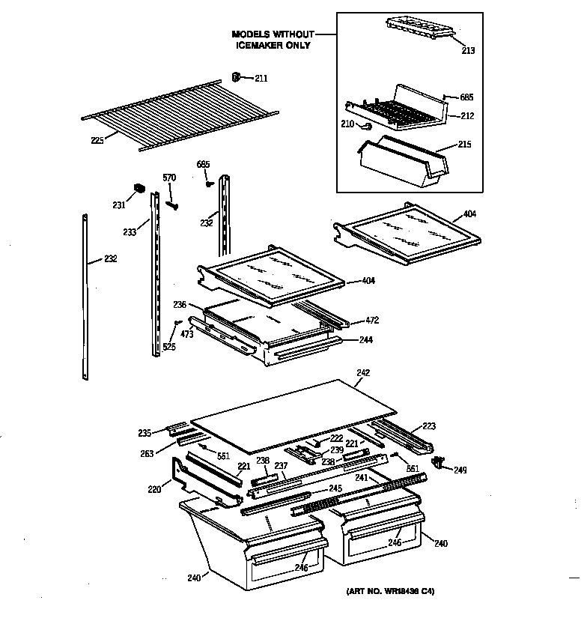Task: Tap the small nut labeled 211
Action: tap(235, 76)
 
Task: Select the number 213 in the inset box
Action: tap(469, 51)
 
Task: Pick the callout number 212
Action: tap(467, 116)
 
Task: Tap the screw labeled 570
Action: tap(172, 202)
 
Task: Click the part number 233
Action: tap(130, 232)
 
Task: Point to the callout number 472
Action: tap(372, 320)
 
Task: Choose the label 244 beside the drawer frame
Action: tap(365, 339)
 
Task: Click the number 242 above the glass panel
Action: tap(363, 372)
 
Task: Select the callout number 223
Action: tap(428, 426)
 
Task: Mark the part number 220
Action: tap(153, 491)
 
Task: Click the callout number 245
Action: tap(335, 488)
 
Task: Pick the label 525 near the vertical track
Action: tap(169, 348)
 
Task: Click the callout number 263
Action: tap(147, 452)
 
